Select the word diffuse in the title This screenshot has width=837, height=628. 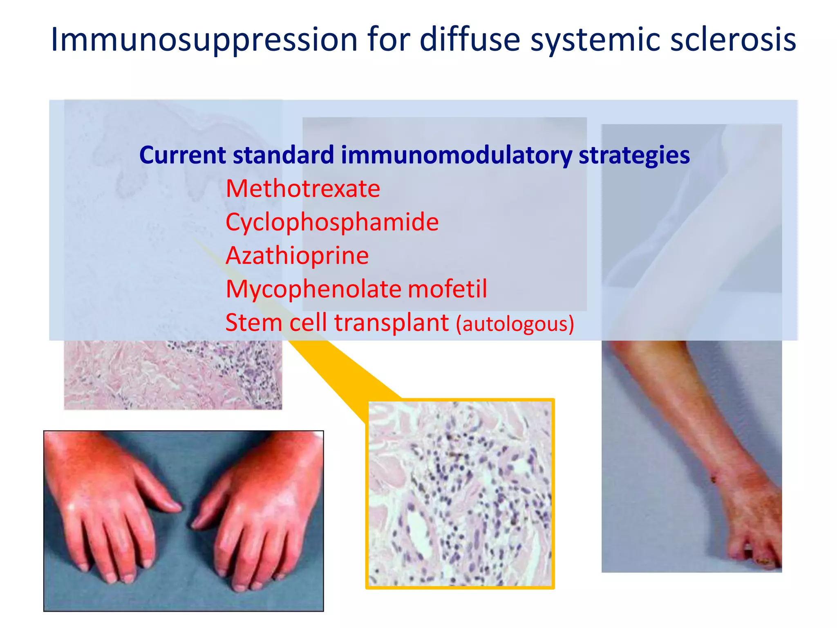coord(470,40)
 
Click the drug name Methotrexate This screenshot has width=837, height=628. coord(302,189)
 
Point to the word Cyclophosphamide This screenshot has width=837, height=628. coord(332,222)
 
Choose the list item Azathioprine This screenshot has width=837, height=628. coord(297,256)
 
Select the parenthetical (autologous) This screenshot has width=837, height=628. coord(515,324)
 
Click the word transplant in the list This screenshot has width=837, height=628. coord(392,323)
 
